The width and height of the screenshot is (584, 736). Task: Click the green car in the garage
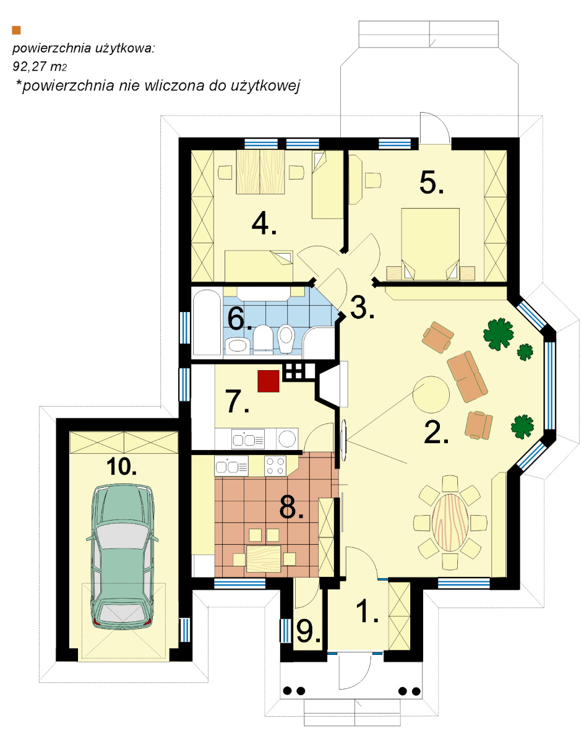pos(122,557)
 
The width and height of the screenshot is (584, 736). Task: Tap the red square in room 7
pos(268,381)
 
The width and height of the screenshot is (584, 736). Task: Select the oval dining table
pos(450,522)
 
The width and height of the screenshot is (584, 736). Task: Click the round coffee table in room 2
pos(431,394)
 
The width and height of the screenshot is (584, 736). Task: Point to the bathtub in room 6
pos(207,323)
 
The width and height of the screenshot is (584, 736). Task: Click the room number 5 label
pos(431,182)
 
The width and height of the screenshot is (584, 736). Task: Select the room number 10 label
pos(121,467)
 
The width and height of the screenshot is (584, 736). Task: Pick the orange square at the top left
pos(17,30)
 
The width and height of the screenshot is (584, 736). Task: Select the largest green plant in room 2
pos(499,334)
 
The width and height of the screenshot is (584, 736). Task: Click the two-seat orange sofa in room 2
pos(467,376)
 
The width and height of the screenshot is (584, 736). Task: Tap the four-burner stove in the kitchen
pos(275,465)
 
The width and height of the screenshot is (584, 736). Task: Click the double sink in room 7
pos(248,440)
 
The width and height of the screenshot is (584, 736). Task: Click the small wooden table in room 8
pos(264,558)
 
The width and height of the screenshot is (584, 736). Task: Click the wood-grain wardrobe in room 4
pos(260,172)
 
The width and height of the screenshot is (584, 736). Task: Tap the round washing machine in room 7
pos(286,439)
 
